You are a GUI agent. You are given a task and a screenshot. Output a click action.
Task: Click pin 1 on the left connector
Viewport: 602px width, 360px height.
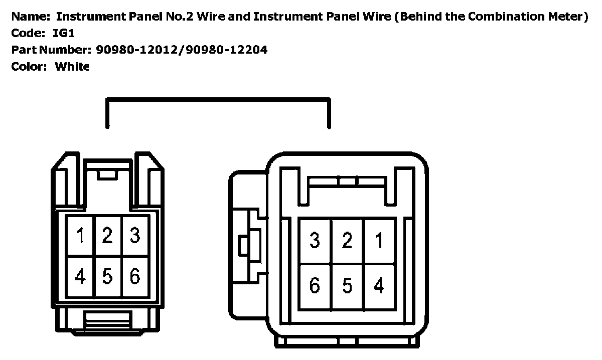pos(80,236)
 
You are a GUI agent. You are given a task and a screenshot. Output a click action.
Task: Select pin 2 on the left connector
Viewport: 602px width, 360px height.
pos(107,236)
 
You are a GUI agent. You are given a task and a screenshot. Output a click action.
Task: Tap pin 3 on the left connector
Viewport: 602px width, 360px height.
pos(134,236)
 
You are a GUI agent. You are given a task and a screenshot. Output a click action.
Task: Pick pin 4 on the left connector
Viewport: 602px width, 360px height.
pos(80,276)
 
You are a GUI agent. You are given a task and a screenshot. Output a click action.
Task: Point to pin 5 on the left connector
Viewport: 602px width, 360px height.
pos(107,276)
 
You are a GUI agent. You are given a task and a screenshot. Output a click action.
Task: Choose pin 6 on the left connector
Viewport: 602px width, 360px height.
pos(134,276)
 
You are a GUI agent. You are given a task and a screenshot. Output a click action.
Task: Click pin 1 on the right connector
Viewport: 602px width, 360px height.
pos(379,241)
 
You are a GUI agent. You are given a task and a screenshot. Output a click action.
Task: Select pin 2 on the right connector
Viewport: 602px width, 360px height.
pos(347,241)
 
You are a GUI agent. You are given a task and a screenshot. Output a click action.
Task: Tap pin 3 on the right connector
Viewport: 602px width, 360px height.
pos(315,241)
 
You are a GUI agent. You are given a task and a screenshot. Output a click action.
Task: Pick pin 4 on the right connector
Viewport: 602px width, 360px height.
pos(379,286)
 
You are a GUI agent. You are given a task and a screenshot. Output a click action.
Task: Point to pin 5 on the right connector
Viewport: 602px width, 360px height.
pos(347,286)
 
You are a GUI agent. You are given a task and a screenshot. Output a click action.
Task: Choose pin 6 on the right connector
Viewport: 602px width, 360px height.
pos(315,286)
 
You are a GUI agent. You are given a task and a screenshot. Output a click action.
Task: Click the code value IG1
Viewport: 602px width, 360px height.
pos(64,33)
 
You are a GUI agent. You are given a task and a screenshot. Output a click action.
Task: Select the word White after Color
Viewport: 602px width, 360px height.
pos(72,66)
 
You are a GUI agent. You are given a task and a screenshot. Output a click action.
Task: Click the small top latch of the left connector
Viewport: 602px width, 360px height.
pos(107,174)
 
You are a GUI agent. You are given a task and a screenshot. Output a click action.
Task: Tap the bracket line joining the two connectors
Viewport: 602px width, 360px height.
pos(218,100)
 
